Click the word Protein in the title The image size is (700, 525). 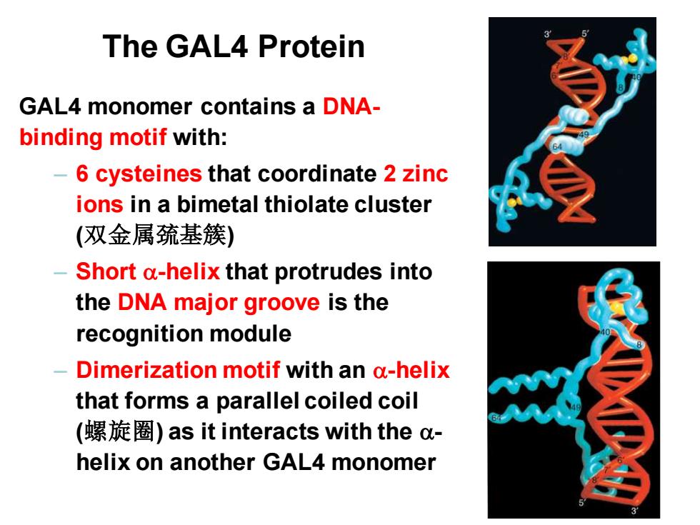(x=311, y=46)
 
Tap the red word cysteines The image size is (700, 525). (x=149, y=174)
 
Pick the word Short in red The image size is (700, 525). (x=106, y=271)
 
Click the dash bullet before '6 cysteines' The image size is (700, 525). (x=60, y=174)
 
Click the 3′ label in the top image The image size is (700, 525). (x=548, y=34)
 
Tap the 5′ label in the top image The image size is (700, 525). (x=585, y=34)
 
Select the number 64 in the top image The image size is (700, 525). (x=558, y=146)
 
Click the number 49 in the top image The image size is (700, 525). (x=584, y=135)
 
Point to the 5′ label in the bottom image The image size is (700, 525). (x=582, y=502)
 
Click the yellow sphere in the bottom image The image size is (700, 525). (x=617, y=307)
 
